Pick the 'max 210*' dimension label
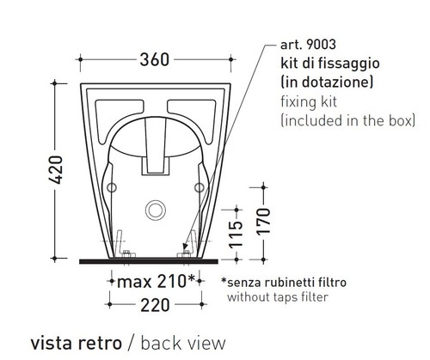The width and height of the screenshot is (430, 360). coord(156,281)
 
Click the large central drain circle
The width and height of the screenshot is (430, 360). coord(156,209)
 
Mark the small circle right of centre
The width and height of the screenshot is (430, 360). coord(198,187)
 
